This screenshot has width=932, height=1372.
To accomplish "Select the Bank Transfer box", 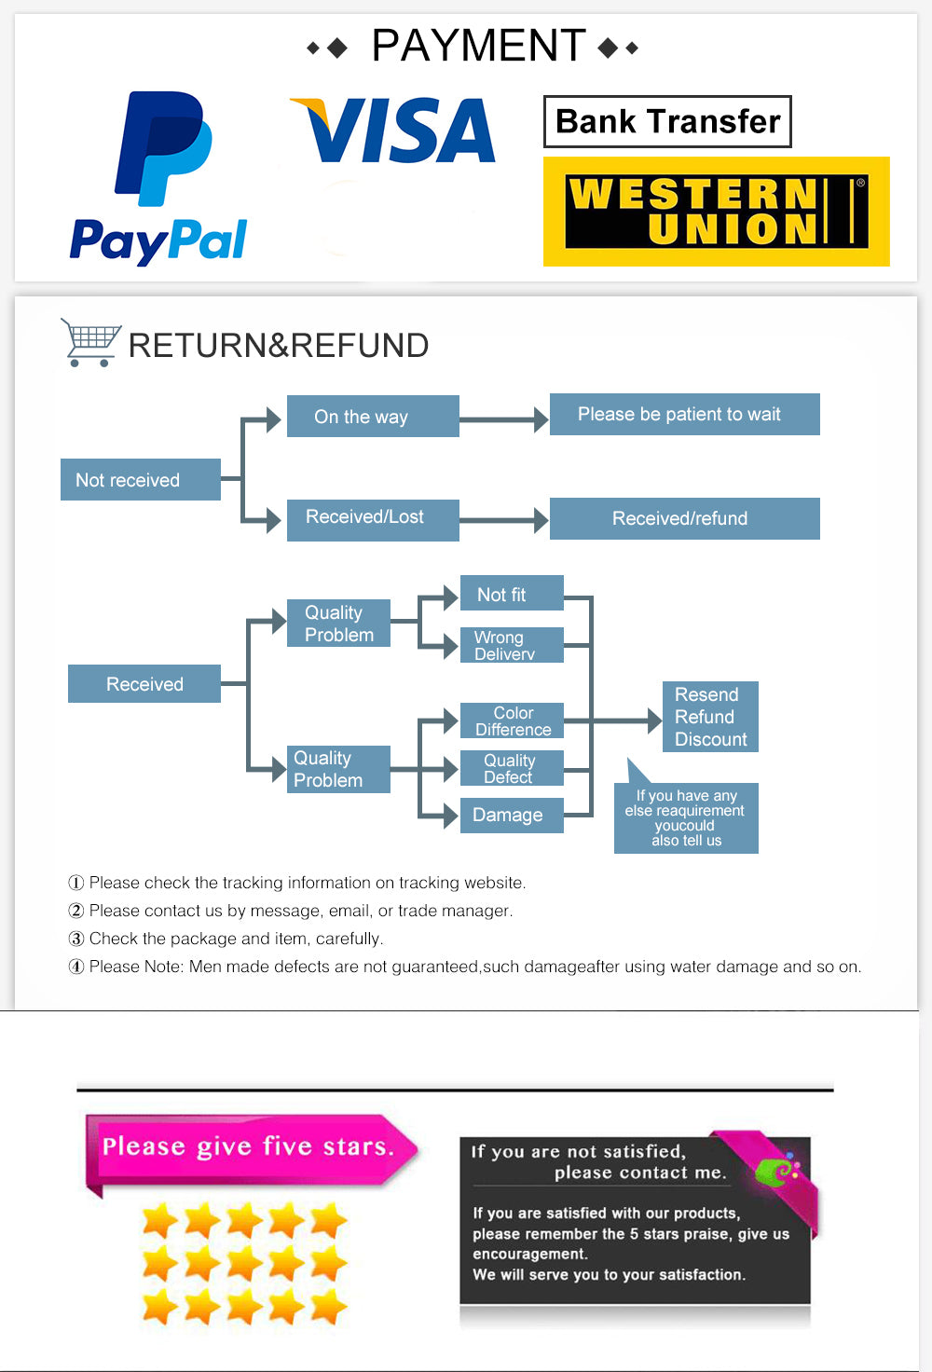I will click(667, 121).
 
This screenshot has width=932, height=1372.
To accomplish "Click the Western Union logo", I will click(716, 212).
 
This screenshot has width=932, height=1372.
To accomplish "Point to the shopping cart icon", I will click(90, 342).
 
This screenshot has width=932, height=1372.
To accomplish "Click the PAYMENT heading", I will click(477, 46).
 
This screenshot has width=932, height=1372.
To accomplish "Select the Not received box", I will click(141, 479).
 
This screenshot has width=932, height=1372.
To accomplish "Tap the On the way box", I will click(372, 416).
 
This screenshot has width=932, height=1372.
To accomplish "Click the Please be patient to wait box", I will click(684, 414).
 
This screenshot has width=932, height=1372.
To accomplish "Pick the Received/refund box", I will click(684, 518).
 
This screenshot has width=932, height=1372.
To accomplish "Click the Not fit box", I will click(512, 594).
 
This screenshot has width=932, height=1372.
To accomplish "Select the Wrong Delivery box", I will click(512, 645).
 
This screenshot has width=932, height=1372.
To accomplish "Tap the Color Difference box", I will click(512, 720).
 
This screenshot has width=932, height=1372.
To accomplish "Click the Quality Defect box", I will click(512, 768).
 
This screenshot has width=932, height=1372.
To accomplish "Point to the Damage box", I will click(512, 815).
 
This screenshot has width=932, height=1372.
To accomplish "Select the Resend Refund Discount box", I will click(710, 717).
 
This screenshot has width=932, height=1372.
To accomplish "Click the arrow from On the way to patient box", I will click(503, 419).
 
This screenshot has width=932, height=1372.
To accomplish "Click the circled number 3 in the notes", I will click(76, 939).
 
